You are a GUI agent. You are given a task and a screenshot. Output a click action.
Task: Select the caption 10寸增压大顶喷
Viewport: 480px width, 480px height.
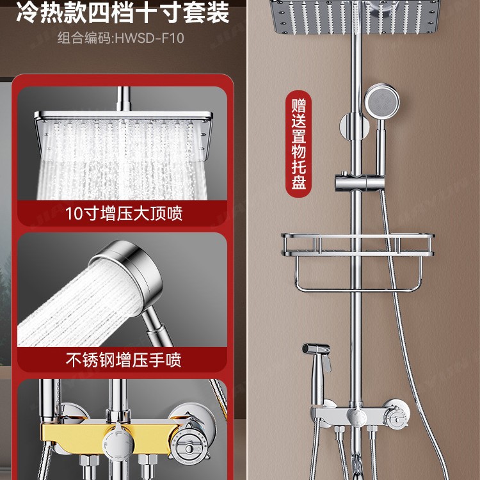[x=124, y=213]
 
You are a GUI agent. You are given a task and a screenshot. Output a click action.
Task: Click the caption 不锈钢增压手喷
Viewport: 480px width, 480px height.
[x=124, y=360]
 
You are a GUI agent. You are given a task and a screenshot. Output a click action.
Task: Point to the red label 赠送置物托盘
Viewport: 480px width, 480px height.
[x=299, y=143]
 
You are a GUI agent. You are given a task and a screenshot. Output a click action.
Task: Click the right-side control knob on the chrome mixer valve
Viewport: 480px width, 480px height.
[x=395, y=417]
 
